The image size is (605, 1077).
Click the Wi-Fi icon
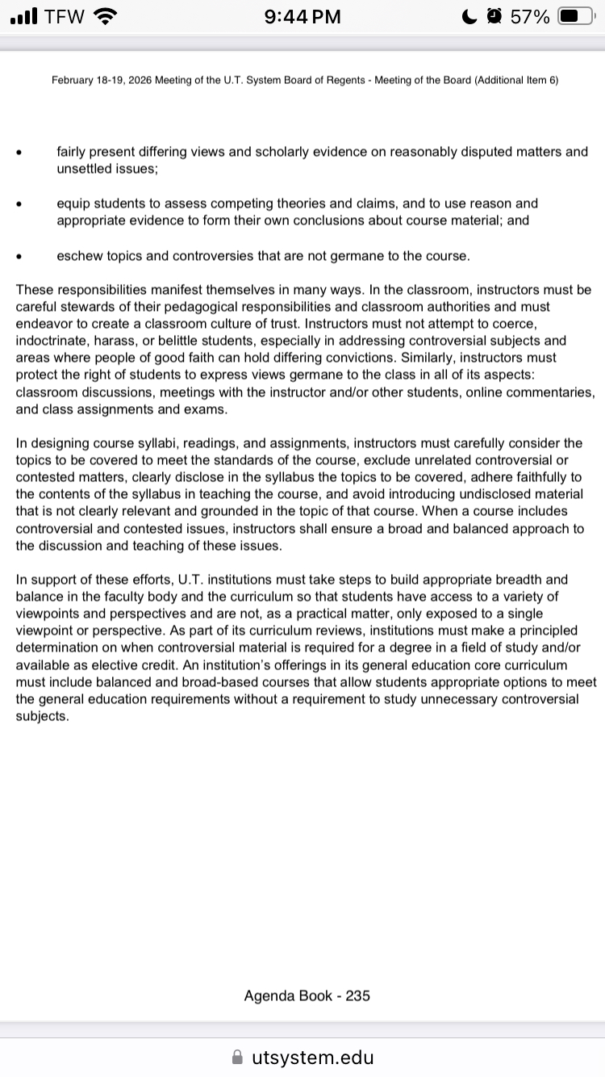[x=105, y=16]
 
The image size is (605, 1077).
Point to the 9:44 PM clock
[x=302, y=16]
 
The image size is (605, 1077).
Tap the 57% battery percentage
[x=530, y=16]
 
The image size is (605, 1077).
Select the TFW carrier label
[x=65, y=16]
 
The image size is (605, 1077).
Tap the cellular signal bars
[x=24, y=16]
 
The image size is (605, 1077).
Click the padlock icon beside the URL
[x=237, y=1057]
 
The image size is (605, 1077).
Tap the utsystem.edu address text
[x=313, y=1057]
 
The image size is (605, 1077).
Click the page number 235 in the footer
[x=358, y=995]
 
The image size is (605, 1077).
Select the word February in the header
[x=74, y=80]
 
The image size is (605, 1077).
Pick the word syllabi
[x=143, y=443]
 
